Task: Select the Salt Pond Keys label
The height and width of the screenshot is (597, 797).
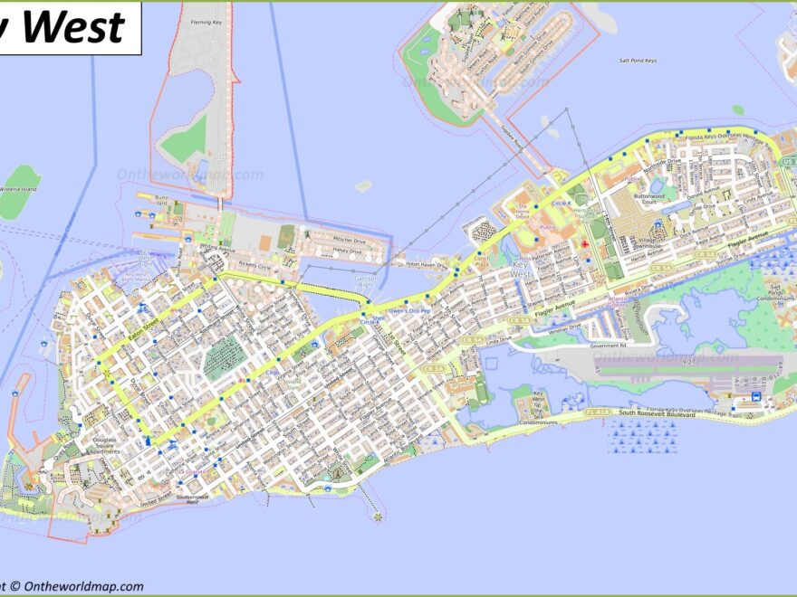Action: tap(638, 61)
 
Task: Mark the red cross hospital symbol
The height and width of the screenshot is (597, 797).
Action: tap(585, 243)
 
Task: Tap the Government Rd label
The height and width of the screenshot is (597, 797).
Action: tap(608, 346)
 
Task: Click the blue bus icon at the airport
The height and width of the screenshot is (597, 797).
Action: tap(755, 397)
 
